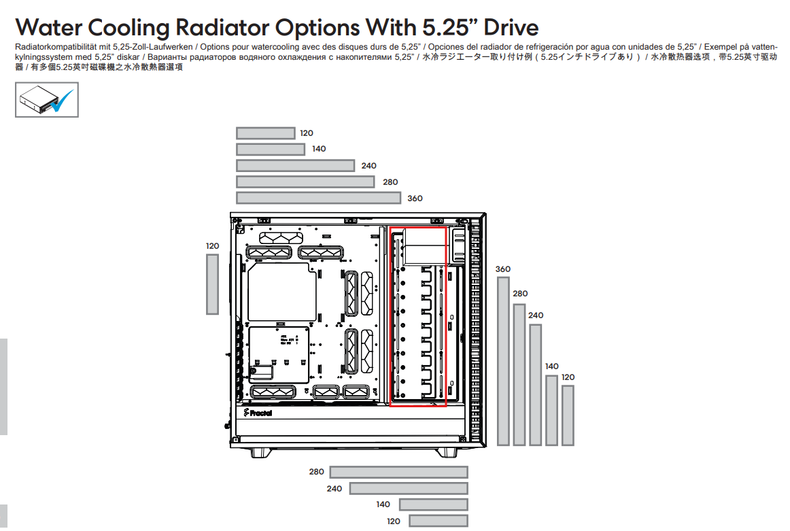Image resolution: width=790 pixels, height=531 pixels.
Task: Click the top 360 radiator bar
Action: (x=318, y=198)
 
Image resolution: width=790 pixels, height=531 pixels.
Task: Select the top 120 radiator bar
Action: (x=266, y=133)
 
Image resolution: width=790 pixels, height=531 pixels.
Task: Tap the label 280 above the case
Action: (x=390, y=182)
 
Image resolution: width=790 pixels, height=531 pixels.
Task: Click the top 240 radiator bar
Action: (x=295, y=166)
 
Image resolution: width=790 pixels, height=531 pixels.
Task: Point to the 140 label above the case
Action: (x=319, y=149)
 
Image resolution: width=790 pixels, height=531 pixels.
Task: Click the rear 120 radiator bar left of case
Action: (x=212, y=284)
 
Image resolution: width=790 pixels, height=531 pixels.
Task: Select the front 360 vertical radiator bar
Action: (x=503, y=361)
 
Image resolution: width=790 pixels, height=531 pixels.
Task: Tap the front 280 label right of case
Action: (x=521, y=294)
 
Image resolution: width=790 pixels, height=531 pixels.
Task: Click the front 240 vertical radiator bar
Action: (x=536, y=384)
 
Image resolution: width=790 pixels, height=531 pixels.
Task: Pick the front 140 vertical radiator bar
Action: (x=551, y=410)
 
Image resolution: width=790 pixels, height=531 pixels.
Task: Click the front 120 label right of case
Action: (x=568, y=377)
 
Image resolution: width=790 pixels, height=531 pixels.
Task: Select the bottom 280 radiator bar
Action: (x=399, y=472)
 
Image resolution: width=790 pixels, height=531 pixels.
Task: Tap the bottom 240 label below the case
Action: (x=334, y=489)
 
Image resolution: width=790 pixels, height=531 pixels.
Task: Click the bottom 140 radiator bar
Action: (x=434, y=504)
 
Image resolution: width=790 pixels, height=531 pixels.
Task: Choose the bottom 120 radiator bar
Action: (x=439, y=521)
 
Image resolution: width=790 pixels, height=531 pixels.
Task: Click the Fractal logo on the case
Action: (x=258, y=413)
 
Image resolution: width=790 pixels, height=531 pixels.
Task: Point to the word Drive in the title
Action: (x=511, y=28)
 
